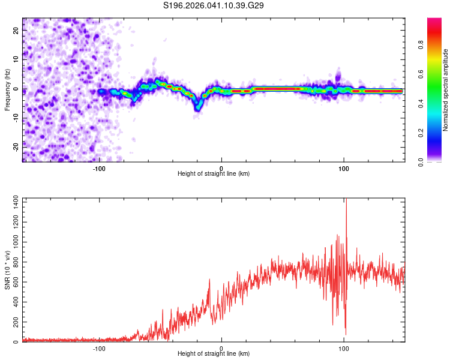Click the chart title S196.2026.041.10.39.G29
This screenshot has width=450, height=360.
tap(214, 5)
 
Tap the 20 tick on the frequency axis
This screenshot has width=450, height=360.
tap(17, 32)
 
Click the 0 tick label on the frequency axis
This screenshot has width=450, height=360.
tap(17, 89)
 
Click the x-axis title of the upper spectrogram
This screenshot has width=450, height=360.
tap(214, 173)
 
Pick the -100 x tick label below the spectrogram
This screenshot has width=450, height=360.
tap(99, 168)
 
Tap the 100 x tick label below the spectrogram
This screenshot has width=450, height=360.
tap(344, 168)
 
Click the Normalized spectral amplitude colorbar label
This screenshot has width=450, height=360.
tap(446, 90)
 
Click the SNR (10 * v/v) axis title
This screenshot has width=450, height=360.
tap(7, 271)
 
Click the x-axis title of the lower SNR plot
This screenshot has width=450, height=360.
tap(214, 353)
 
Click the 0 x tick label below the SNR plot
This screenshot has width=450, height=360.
tap(221, 348)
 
